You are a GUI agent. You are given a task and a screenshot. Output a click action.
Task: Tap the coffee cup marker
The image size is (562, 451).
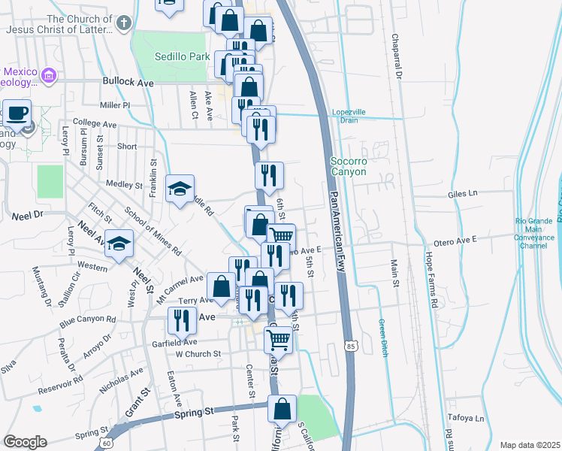click(17, 114)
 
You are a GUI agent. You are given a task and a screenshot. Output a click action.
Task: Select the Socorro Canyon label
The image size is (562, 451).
click(348, 166)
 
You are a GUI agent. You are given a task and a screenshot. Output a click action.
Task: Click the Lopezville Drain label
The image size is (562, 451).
click(349, 116)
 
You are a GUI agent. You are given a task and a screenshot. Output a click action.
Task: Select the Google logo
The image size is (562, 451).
click(25, 442)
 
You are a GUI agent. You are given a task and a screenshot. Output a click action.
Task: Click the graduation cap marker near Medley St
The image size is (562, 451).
click(180, 189)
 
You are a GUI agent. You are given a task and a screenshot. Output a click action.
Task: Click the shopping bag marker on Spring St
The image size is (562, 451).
click(282, 410)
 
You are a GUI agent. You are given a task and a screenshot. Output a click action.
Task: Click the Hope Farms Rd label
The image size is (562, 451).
click(433, 279)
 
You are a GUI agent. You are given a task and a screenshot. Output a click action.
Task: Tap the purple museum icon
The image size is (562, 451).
click(49, 75)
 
